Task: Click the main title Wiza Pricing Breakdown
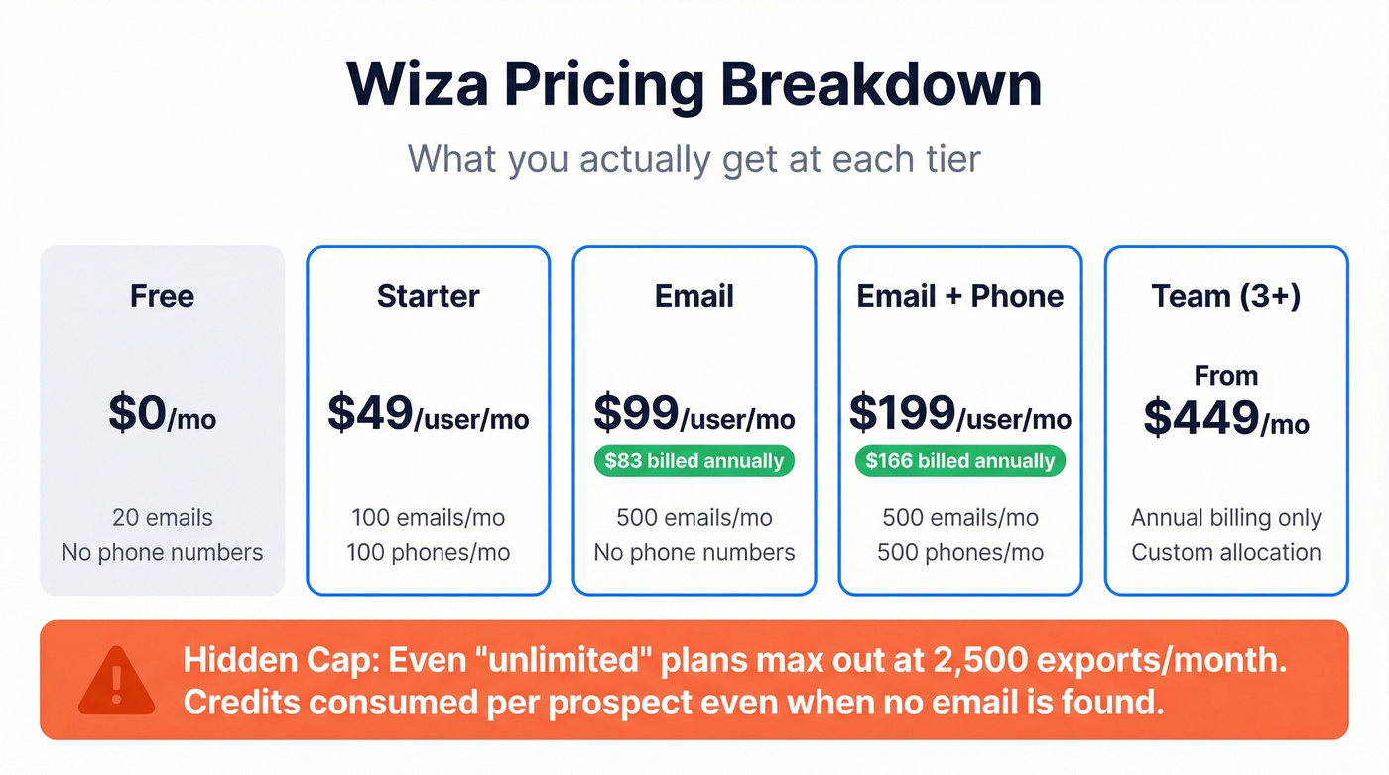[694, 85]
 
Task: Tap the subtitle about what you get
[694, 159]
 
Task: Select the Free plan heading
[162, 296]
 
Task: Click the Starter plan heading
[428, 296]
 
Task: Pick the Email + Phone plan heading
[959, 296]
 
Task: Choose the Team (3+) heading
[1225, 296]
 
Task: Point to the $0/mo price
[162, 414]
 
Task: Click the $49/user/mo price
[428, 414]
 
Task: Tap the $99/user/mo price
[694, 414]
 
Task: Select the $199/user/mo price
[959, 414]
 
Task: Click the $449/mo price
[1225, 419]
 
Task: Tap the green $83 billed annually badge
[694, 461]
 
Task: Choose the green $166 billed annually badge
[959, 461]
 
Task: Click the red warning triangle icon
[116, 681]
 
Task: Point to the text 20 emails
[162, 518]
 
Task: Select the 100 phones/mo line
[428, 552]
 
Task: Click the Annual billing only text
[1225, 518]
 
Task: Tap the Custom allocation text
[1225, 552]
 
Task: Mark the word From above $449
[1225, 376]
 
